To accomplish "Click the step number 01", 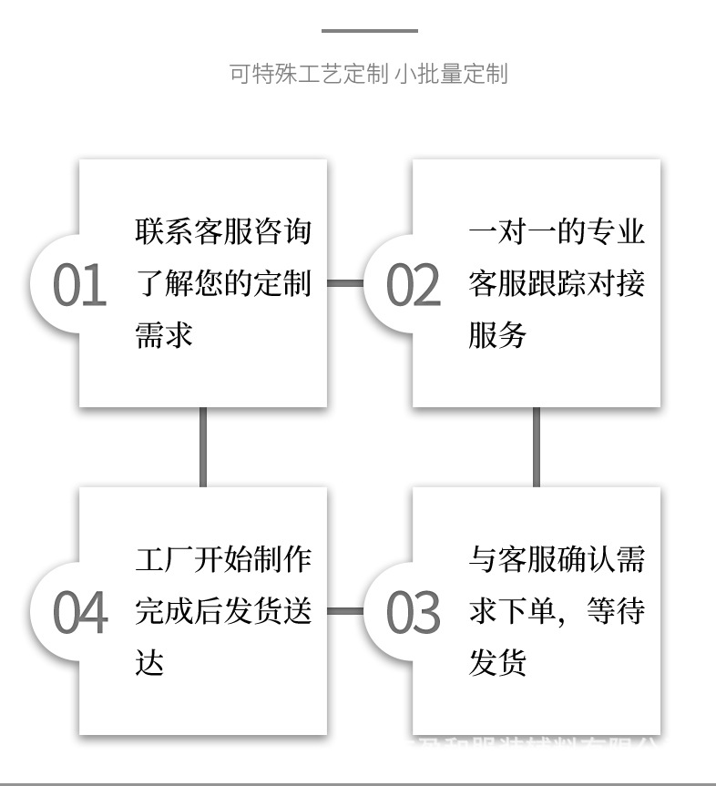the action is coord(79,286).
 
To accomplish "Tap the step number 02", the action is coord(413,286).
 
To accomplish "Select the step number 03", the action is coord(413,613).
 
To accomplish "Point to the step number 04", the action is coord(79,613).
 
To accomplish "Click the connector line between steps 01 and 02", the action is coord(345,283).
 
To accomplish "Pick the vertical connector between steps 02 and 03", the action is coord(536,446).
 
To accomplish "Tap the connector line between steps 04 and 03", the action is coord(345,610).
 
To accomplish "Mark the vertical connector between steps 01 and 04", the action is coord(202,446).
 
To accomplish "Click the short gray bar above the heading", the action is coord(369,31).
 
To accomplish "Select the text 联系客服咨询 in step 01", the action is coord(223,231).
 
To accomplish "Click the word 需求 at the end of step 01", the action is coord(164,335).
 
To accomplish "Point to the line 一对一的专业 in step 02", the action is coord(557,231).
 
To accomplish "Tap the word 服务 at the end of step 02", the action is coord(497,335).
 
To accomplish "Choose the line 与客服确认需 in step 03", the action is coord(557,558).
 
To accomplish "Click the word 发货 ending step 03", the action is coord(497,663).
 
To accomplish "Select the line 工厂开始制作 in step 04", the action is coord(223,558).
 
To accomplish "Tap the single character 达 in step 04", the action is coord(149,663).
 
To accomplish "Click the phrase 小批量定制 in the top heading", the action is coord(451,74).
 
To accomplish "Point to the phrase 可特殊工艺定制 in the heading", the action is coord(309,74).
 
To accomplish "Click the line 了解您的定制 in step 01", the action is coord(223,283).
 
